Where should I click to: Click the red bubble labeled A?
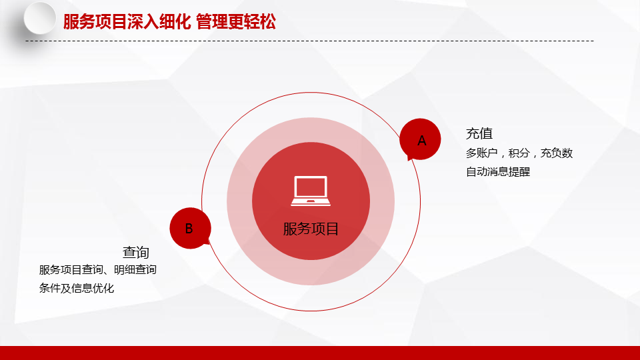420,139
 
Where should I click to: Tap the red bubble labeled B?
190,228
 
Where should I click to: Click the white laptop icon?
311,191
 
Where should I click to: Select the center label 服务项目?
311,229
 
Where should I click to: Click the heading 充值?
479,133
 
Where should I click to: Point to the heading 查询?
136,252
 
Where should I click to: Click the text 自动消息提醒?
498,172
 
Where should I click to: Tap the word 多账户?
482,153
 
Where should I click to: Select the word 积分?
519,153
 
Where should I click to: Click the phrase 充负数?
557,153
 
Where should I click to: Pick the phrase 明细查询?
135,270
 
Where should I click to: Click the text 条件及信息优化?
77,288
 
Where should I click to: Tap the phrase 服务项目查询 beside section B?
71,270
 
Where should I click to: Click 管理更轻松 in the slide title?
236,21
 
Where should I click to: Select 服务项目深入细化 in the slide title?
127,21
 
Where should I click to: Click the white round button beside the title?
40,18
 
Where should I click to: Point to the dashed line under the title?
309,41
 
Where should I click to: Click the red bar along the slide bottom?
320,353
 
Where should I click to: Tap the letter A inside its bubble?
421,141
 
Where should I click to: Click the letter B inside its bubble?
189,229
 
